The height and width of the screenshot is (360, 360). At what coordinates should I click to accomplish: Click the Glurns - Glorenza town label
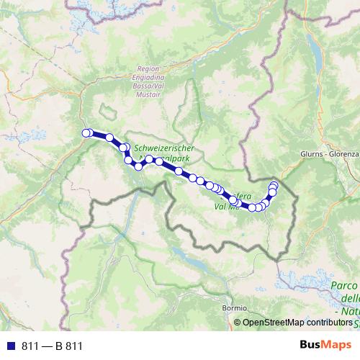pos(329,154)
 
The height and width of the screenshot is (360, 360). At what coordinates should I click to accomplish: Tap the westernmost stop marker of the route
pos(86,132)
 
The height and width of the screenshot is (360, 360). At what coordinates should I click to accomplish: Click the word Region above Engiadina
pos(148,69)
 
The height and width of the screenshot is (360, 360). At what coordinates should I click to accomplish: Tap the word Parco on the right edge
pos(344,286)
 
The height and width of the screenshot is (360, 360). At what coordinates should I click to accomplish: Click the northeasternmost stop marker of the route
pos(274,186)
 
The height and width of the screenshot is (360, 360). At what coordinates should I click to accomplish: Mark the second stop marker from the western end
pos(109,138)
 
